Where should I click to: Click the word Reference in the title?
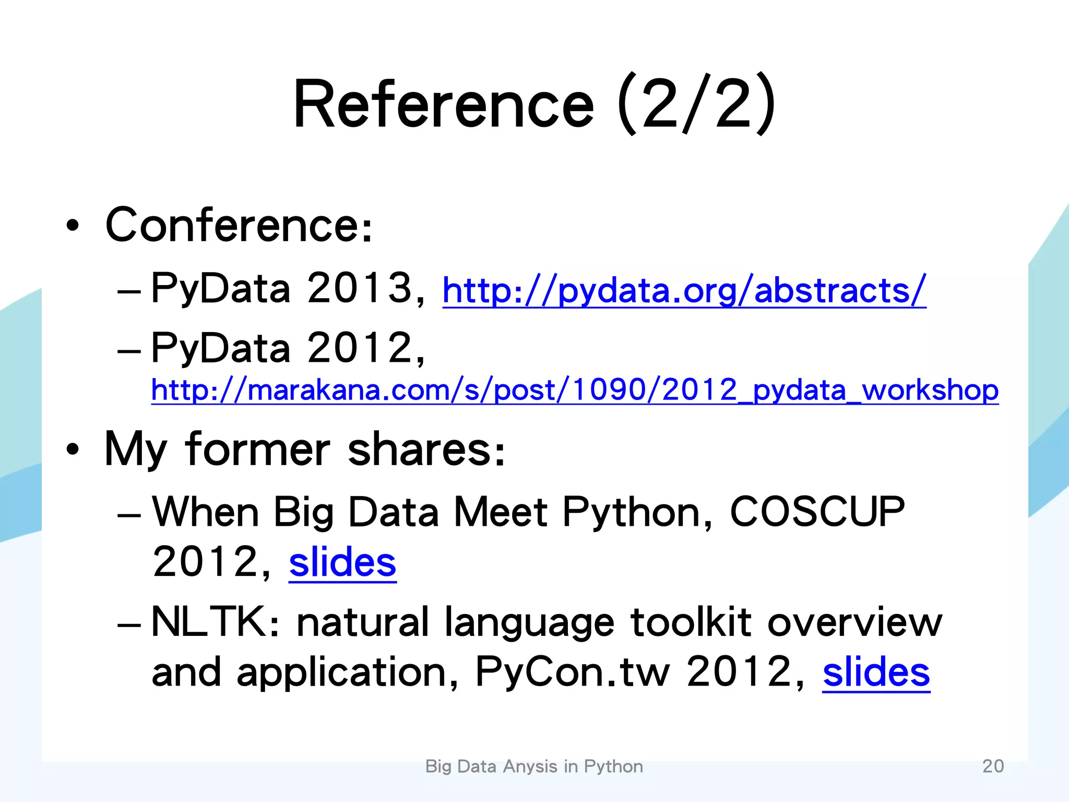click(444, 104)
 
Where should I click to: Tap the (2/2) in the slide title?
click(697, 104)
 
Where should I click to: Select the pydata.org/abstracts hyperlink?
click(684, 290)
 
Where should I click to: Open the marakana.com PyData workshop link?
click(574, 391)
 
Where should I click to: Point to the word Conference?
click(239, 226)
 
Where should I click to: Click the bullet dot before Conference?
click(73, 226)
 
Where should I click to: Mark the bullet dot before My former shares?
click(73, 450)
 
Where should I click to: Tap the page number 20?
click(993, 766)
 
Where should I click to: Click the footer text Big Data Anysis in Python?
click(534, 766)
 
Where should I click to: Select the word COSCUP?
click(817, 512)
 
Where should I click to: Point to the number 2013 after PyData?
click(360, 288)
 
